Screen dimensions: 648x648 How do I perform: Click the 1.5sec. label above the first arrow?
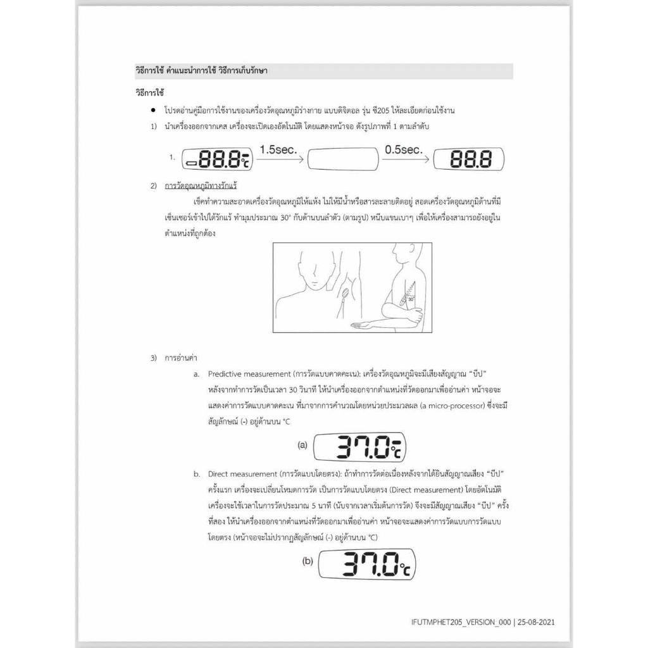(278, 150)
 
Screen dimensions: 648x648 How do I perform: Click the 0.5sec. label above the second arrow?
(402, 150)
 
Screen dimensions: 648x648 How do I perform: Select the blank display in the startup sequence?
(342, 160)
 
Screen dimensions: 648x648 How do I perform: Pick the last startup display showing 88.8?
(468, 159)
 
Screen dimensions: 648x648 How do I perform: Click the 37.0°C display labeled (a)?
(360, 447)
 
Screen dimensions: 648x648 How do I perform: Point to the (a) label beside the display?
(302, 445)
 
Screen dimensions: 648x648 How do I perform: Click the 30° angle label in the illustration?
(411, 299)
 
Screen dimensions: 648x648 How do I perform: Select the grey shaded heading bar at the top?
(323, 71)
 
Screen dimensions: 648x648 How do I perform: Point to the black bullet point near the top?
(153, 110)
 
